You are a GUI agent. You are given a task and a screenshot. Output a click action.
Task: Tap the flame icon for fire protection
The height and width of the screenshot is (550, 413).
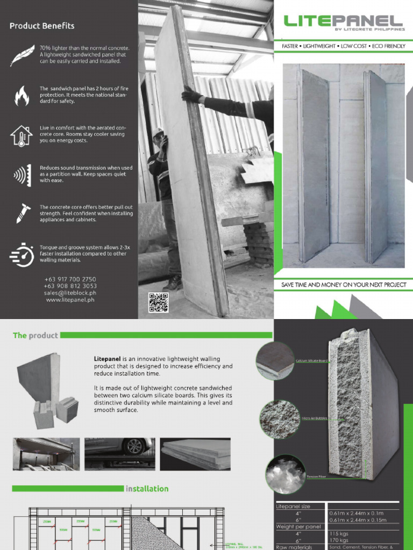pyautogui.click(x=22, y=96)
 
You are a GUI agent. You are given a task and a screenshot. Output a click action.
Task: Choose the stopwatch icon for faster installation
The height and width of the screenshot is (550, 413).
pyautogui.click(x=22, y=254)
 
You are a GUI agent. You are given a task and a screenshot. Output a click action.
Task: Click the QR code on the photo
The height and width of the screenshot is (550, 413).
pyautogui.click(x=158, y=302)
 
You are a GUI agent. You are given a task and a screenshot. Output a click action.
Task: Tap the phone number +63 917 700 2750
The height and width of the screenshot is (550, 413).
pyautogui.click(x=70, y=279)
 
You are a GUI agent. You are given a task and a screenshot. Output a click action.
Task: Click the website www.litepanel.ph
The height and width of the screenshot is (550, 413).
pyautogui.click(x=70, y=300)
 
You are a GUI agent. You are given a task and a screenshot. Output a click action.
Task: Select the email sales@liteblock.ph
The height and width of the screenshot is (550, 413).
pyautogui.click(x=70, y=293)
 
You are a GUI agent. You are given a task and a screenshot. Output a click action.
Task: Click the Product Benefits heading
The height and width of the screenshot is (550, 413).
pyautogui.click(x=42, y=26)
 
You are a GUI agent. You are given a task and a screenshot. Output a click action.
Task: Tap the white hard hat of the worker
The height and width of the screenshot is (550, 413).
pyautogui.click(x=158, y=132)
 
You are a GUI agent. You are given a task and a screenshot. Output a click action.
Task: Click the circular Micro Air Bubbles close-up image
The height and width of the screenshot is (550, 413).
pyautogui.click(x=280, y=419)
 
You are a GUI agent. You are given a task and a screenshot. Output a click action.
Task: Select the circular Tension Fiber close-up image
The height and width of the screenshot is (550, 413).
pyautogui.click(x=285, y=474)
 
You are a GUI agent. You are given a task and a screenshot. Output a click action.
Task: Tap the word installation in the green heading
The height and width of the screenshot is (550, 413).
pyautogui.click(x=147, y=489)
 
